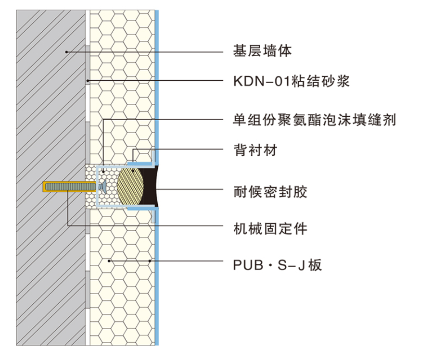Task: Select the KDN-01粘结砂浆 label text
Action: click(291, 81)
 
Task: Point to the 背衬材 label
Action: click(255, 150)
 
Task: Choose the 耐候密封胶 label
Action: click(270, 192)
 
